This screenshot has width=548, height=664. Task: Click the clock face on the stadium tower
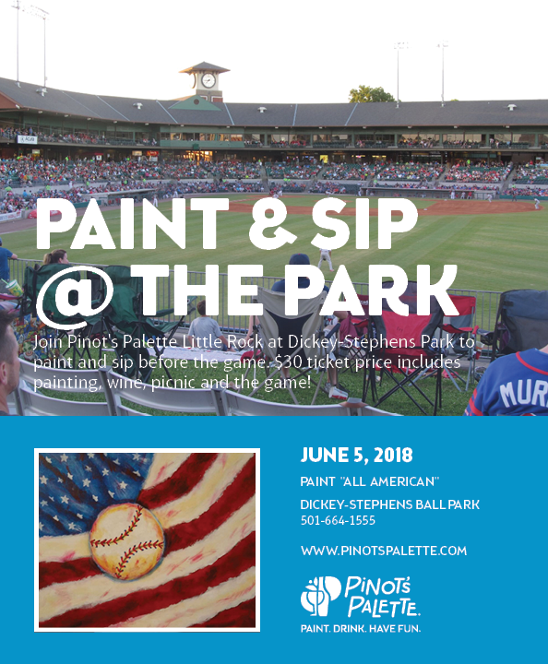(208, 80)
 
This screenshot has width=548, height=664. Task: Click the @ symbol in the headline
(75, 296)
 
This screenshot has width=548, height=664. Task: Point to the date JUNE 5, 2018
(356, 455)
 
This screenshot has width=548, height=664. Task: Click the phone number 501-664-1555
(338, 520)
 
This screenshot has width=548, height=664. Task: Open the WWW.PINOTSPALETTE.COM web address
(384, 551)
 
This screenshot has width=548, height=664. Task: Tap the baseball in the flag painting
(126, 540)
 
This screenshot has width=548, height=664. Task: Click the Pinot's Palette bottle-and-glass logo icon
(320, 596)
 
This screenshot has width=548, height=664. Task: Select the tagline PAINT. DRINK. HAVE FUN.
(361, 628)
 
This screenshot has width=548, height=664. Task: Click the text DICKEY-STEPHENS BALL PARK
(389, 504)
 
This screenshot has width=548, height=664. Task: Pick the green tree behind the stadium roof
(372, 94)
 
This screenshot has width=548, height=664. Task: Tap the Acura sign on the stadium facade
(27, 139)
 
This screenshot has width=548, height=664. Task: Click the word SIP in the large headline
(364, 223)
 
